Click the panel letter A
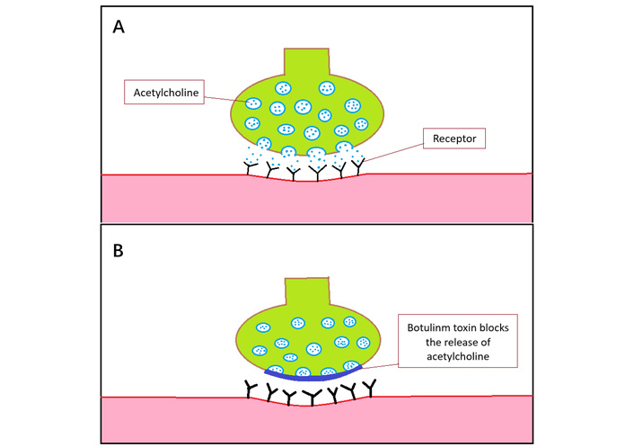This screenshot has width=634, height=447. click(118, 27)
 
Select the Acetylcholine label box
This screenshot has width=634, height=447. click(161, 91)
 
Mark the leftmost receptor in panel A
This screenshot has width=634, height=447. click(251, 166)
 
